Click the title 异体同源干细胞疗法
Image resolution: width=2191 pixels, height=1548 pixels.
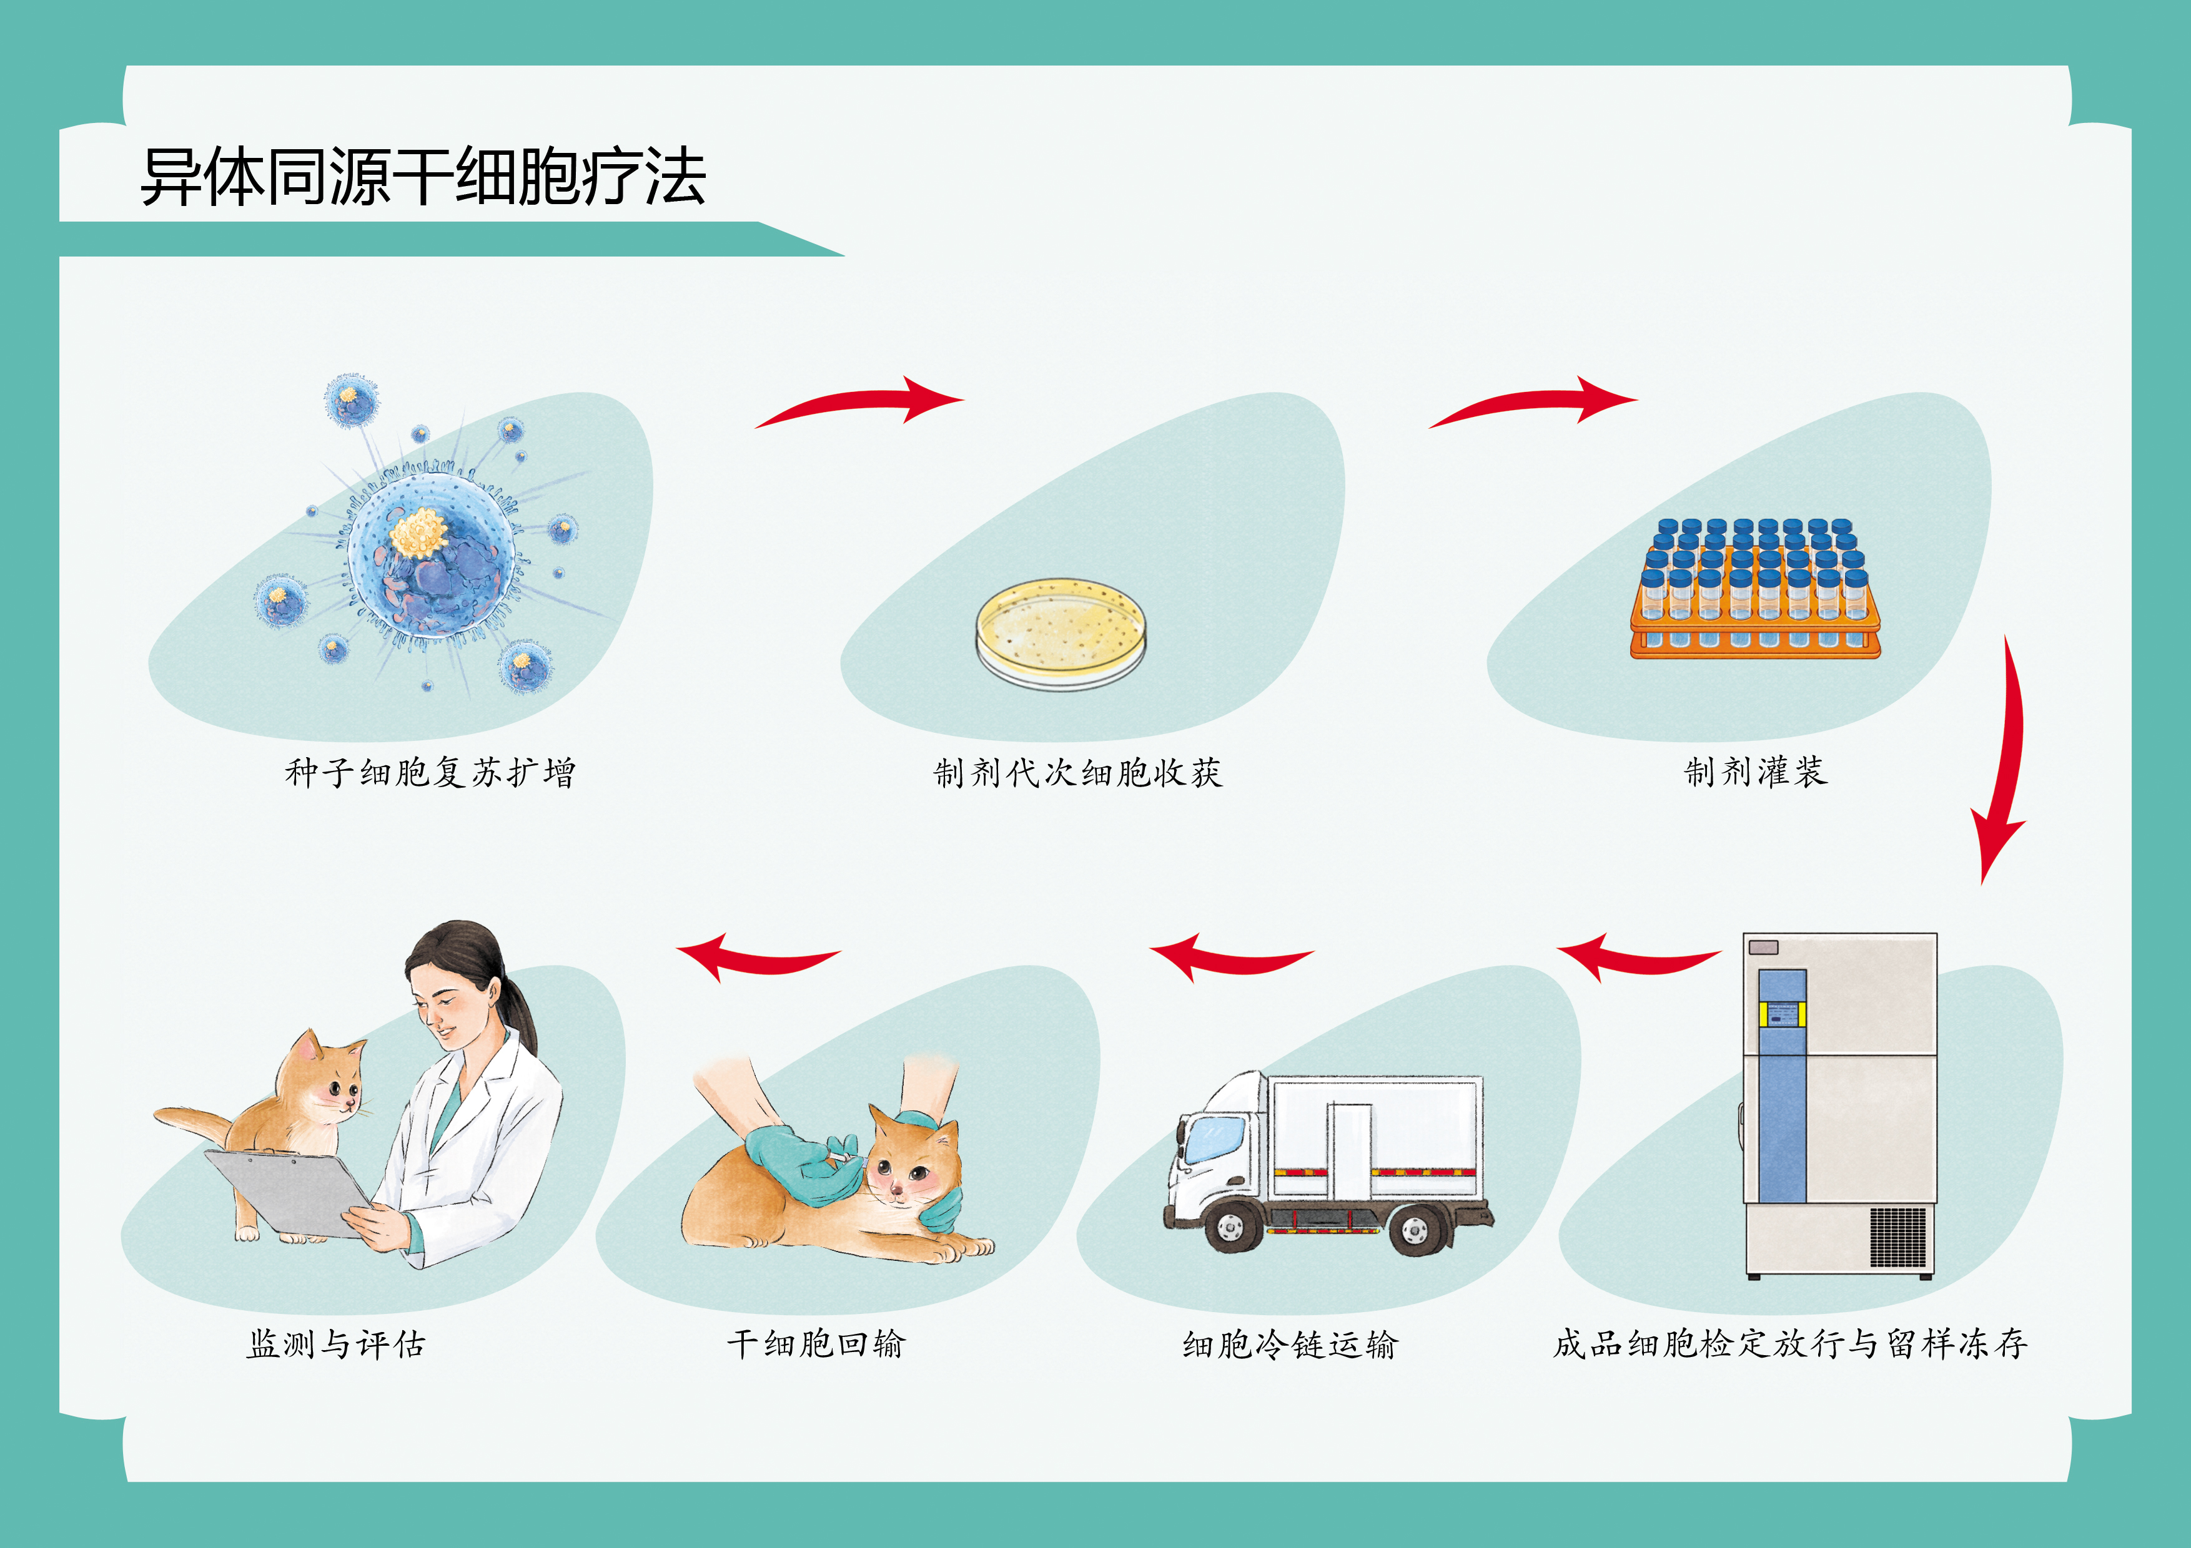(423, 177)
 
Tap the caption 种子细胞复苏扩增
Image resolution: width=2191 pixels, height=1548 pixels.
(430, 772)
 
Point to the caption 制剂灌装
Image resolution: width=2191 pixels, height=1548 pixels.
(1755, 771)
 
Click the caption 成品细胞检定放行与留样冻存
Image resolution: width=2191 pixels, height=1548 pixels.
(1789, 1344)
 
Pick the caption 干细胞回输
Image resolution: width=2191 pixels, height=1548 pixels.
(816, 1344)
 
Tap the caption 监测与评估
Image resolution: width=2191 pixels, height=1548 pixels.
(336, 1344)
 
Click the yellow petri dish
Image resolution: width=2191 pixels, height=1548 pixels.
(1060, 630)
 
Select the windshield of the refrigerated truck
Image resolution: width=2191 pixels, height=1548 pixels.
(1214, 1137)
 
